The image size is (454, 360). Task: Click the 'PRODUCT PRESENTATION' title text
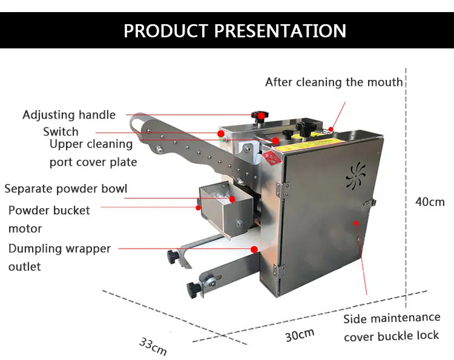tap(235, 30)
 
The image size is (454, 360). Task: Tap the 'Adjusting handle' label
tap(69, 115)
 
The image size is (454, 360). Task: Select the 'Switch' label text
tap(61, 131)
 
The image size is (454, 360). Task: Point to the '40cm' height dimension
tap(430, 201)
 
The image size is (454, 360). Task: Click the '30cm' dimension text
tap(300, 333)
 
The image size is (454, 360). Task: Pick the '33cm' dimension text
tap(153, 346)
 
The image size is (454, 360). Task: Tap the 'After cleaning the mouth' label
tap(334, 82)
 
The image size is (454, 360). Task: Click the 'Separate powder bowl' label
tap(66, 188)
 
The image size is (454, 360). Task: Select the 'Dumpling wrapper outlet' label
tap(59, 257)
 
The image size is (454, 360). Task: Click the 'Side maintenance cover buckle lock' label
tap(392, 327)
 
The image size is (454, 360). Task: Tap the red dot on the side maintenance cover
tap(357, 223)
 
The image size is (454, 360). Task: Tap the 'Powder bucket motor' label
tap(49, 219)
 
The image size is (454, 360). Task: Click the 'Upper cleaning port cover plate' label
tap(93, 152)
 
